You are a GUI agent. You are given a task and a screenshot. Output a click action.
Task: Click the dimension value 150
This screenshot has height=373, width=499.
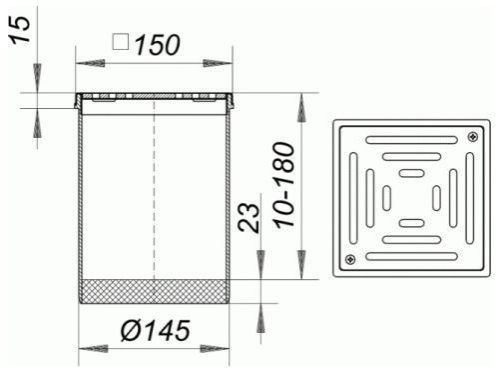pyautogui.click(x=158, y=45)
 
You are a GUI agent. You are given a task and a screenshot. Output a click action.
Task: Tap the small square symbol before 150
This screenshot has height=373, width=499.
pyautogui.click(x=121, y=42)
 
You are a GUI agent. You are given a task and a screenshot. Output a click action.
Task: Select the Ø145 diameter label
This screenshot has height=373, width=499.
pyautogui.click(x=156, y=331)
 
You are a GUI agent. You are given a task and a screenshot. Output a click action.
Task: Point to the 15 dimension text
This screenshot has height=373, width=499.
pyautogui.click(x=20, y=29)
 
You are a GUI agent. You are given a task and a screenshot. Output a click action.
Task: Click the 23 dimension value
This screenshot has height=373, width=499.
pyautogui.click(x=249, y=218)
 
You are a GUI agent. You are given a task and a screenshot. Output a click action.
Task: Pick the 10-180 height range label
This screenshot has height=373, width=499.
pyautogui.click(x=284, y=185)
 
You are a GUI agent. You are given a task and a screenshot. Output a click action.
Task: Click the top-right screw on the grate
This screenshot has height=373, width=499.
pyautogui.click(x=473, y=136)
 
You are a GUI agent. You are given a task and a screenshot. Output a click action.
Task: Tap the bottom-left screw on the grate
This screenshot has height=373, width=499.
pyautogui.click(x=350, y=259)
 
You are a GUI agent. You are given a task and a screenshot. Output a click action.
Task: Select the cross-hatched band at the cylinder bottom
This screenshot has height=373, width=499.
pyautogui.click(x=155, y=291)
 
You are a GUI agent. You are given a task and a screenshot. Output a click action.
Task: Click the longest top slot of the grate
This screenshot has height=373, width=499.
pyautogui.click(x=411, y=140)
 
